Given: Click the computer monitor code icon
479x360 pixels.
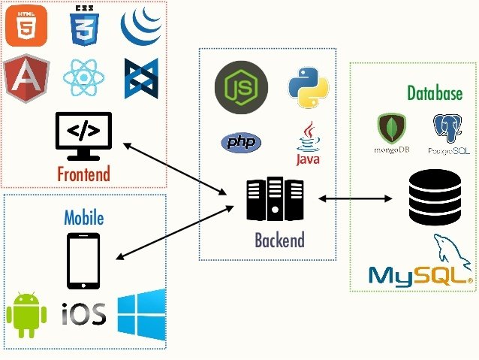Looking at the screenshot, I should click(x=83, y=134).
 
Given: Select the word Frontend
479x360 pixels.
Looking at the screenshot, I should click(x=83, y=174).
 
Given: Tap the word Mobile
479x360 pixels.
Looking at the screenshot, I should click(x=83, y=218).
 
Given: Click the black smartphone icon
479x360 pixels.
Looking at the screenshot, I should click(x=83, y=261).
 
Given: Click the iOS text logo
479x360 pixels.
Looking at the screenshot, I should click(x=83, y=313).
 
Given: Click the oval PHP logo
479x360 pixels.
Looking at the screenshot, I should click(x=240, y=142).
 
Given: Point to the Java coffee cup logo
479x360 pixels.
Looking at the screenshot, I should click(x=309, y=143).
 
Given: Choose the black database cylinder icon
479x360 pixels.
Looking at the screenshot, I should click(x=435, y=197).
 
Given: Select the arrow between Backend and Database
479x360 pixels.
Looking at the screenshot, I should click(x=357, y=199).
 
